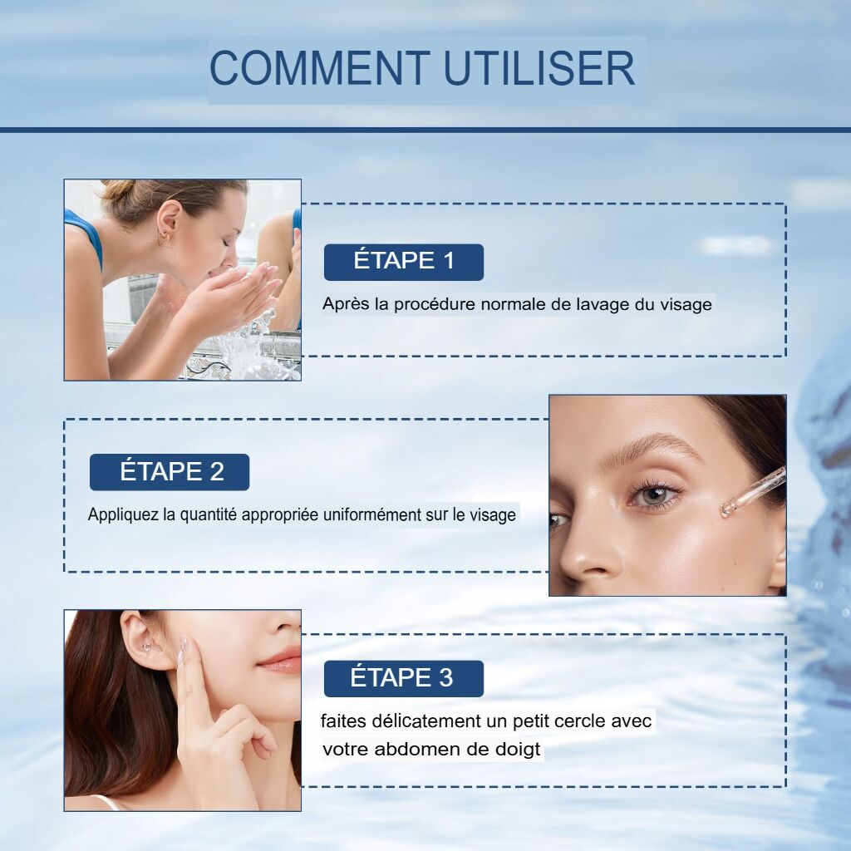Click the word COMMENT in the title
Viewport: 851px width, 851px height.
coord(320,68)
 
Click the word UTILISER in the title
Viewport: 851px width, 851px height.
coord(539,68)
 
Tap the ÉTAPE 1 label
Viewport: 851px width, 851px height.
coord(404,262)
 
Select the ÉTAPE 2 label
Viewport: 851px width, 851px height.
coord(170,472)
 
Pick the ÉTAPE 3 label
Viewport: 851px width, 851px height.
coord(404,678)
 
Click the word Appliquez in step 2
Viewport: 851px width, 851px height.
coord(123,514)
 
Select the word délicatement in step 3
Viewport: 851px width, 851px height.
coord(425,721)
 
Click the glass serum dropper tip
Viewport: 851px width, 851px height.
coord(726,509)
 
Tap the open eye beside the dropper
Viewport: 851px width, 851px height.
coord(654,495)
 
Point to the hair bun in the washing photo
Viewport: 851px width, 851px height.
coord(115,189)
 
